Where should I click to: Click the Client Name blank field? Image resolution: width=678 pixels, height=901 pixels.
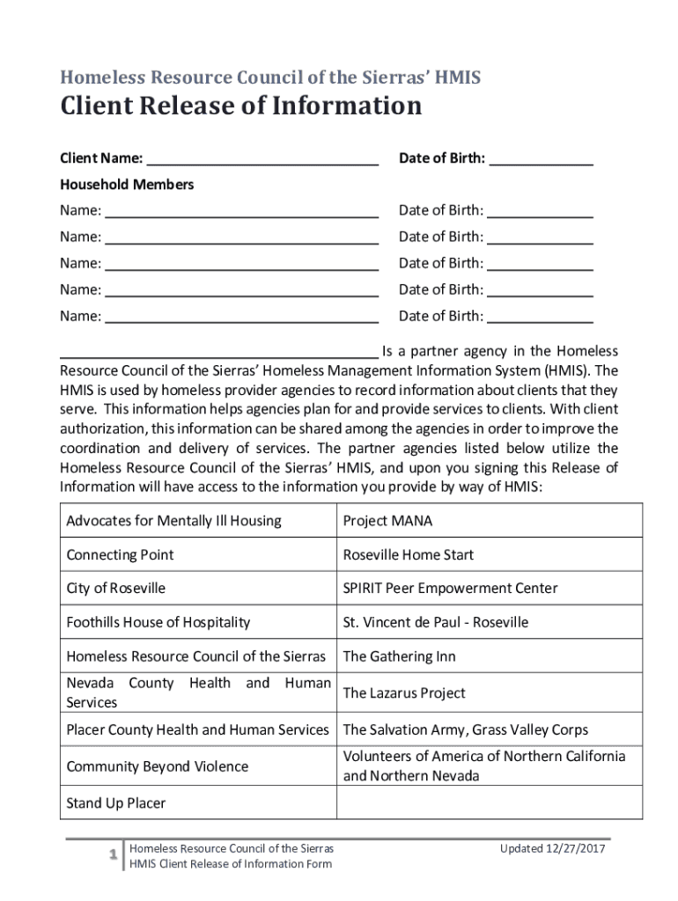(x=262, y=159)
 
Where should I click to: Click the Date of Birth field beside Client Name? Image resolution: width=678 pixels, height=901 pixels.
(x=541, y=159)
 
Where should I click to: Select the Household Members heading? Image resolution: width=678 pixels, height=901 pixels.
(x=127, y=185)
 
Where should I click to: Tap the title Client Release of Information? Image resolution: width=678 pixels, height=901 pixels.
(x=240, y=106)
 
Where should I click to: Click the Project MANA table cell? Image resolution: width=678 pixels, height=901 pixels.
(x=387, y=521)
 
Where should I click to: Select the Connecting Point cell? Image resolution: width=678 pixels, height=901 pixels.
(x=120, y=555)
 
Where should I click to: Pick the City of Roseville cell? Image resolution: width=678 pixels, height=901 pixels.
(x=115, y=589)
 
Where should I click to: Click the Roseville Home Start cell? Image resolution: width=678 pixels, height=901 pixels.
(x=408, y=555)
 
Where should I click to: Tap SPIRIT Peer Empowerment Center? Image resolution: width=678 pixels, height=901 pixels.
(x=450, y=589)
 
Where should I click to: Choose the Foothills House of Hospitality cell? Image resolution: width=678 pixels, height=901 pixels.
(x=158, y=623)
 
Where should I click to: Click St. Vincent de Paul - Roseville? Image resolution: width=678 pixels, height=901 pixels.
(x=435, y=623)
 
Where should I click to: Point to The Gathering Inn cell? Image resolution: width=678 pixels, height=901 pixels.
(x=399, y=656)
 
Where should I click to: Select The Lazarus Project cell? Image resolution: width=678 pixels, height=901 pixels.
(x=404, y=693)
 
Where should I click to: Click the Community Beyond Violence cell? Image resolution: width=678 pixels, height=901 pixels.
(x=157, y=766)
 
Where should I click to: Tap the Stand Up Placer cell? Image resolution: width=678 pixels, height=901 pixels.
(x=115, y=803)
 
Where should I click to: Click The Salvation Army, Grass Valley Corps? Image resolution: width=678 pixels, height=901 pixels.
(x=465, y=730)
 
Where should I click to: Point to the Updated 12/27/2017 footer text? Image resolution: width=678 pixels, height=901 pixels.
(x=553, y=849)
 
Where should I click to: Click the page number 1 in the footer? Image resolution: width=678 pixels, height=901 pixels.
(x=113, y=856)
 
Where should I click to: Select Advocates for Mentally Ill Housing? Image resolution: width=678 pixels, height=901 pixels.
(x=173, y=521)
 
